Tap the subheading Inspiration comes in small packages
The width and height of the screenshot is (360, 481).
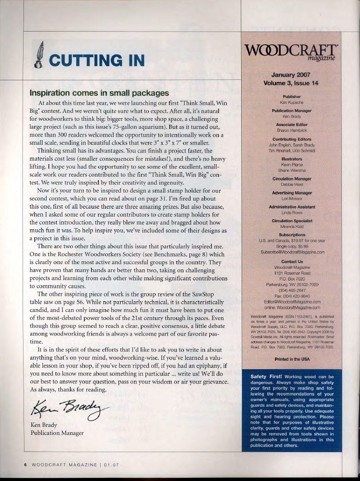tap(99, 94)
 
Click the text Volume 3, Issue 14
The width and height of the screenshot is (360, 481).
tap(291, 83)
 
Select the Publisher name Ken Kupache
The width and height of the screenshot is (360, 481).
tap(292, 102)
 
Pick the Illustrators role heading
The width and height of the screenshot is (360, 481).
tap(292, 158)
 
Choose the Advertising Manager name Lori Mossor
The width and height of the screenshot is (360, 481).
tap(292, 199)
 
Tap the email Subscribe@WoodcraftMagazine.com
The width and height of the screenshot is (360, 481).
tap(292, 252)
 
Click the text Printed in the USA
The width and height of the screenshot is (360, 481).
tap(292, 358)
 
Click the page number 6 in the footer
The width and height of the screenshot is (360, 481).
tap(25, 465)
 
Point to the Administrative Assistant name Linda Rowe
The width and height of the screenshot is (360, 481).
tap(292, 213)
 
